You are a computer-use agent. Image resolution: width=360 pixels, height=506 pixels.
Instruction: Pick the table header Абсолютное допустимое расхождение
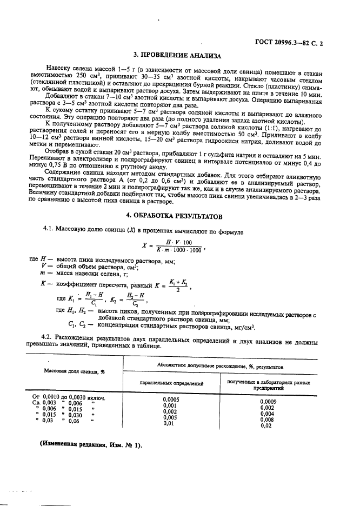point(220,367)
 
